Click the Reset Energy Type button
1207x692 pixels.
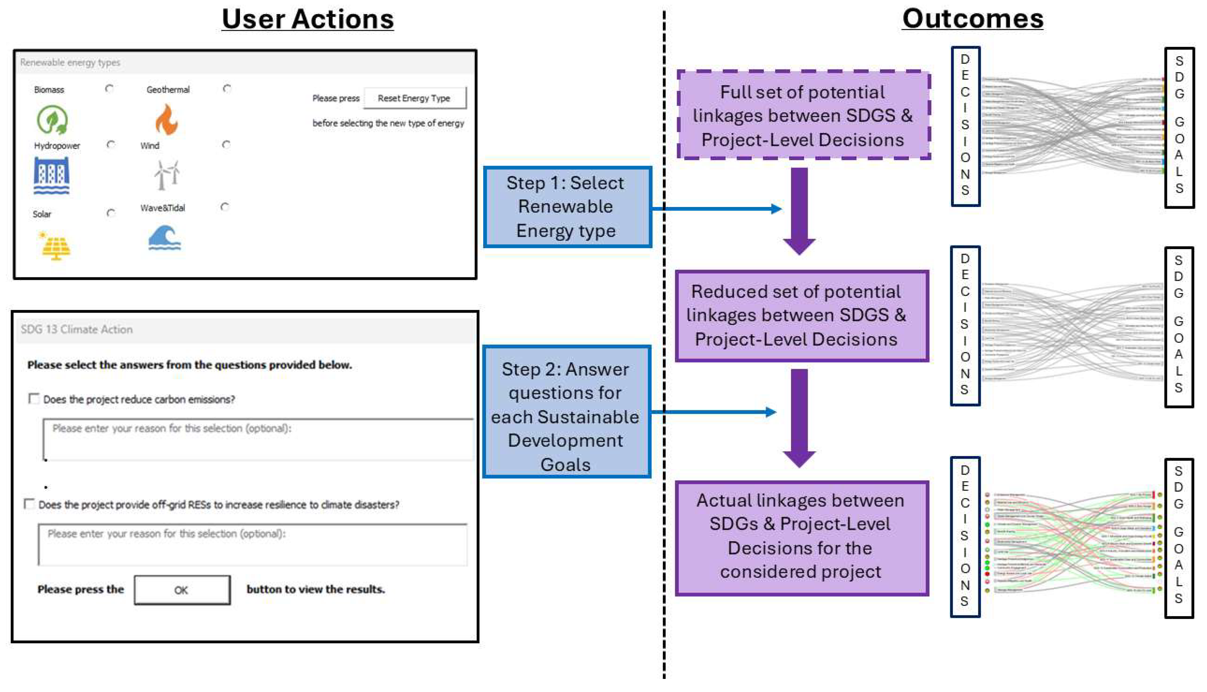pyautogui.click(x=414, y=98)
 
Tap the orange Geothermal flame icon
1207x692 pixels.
pyautogui.click(x=166, y=120)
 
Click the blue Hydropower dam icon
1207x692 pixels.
pyautogui.click(x=51, y=176)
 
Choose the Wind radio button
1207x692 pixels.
pyautogui.click(x=226, y=144)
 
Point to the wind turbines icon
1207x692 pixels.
pyautogui.click(x=166, y=175)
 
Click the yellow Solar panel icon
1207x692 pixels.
pyautogui.click(x=56, y=246)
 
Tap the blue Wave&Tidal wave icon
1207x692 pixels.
pyautogui.click(x=164, y=238)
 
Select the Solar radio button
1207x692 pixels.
pyautogui.click(x=111, y=213)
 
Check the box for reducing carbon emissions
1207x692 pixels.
pyautogui.click(x=34, y=398)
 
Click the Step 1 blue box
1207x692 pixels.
pyautogui.click(x=567, y=207)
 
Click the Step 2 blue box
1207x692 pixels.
pyautogui.click(x=566, y=412)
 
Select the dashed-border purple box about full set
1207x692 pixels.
pyautogui.click(x=803, y=115)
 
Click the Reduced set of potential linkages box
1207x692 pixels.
pyautogui.click(x=801, y=316)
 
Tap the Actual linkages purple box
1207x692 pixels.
pyautogui.click(x=801, y=537)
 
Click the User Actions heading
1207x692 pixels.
pyautogui.click(x=307, y=19)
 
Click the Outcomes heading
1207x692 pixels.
pyautogui.click(x=972, y=19)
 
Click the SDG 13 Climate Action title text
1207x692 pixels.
pyautogui.click(x=77, y=329)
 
